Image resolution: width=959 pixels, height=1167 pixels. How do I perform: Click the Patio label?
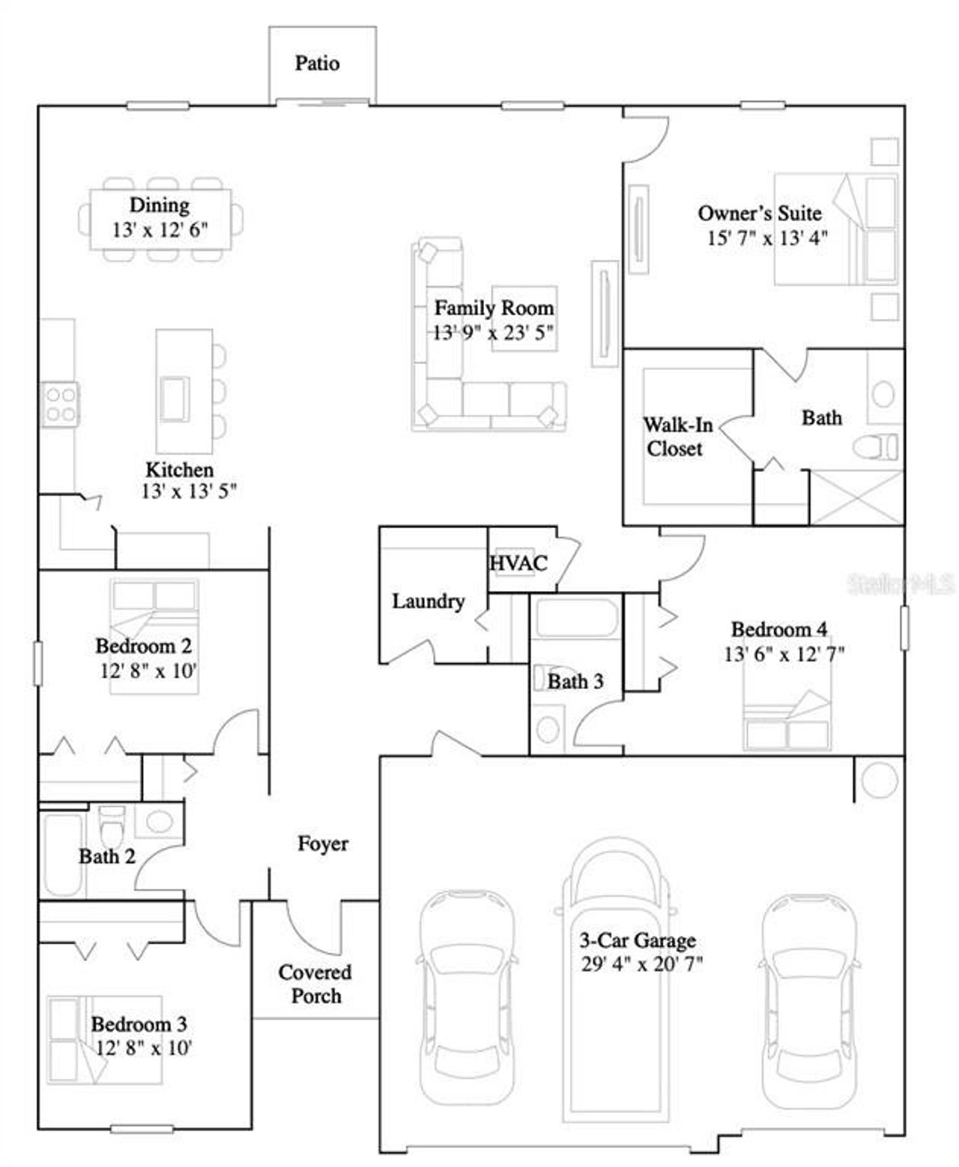coord(317,63)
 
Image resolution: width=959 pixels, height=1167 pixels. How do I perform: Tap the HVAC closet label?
coord(518,563)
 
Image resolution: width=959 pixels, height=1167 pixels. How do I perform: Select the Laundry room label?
coord(428,601)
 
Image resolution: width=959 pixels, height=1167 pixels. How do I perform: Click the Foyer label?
coord(323,843)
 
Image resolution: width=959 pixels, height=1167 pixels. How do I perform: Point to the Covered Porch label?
coord(315,983)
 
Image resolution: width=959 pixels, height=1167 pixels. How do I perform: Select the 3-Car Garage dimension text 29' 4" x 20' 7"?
coord(641,963)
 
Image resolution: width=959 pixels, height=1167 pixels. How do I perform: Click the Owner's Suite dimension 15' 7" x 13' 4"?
coord(766,238)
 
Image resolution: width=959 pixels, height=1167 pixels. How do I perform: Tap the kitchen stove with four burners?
coord(60,404)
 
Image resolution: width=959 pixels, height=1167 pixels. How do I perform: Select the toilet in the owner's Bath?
coord(875,447)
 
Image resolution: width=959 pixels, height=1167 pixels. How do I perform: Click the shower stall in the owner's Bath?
coord(857,497)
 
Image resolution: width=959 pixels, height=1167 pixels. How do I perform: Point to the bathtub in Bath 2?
coord(62,855)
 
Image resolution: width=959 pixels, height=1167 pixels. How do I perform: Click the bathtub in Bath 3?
coord(575,618)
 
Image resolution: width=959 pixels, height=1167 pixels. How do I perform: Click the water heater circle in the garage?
coord(880,780)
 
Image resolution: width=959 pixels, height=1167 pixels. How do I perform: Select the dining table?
coord(160,219)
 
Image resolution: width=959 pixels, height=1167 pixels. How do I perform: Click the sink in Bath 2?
coord(159,821)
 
